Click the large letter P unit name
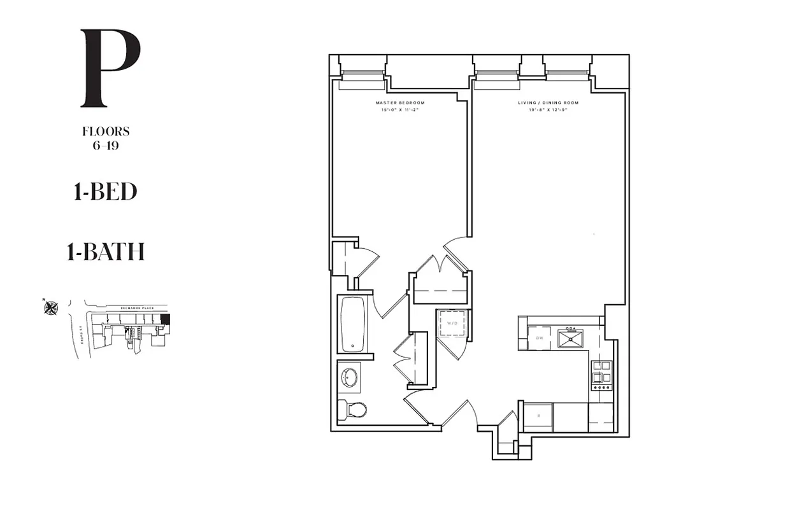tap(109, 68)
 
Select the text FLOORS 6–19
tap(106, 138)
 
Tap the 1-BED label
tap(105, 192)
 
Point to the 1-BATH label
tap(105, 253)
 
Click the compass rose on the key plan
tap(51, 308)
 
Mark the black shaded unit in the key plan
tap(165, 319)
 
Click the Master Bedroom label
tap(400, 102)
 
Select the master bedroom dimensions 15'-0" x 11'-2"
tap(400, 110)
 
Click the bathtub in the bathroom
tap(352, 324)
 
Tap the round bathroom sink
tap(348, 377)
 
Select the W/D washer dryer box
tap(453, 323)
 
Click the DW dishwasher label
tap(539, 338)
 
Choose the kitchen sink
tap(571, 338)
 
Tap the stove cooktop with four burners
tap(601, 375)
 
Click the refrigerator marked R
tap(538, 417)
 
